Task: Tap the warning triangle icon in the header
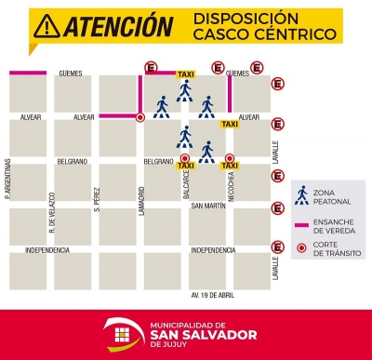43,27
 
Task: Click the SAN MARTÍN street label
208,206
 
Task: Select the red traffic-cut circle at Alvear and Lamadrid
139,117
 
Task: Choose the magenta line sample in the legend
301,225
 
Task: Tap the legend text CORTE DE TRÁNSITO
332,248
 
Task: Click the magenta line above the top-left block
27,73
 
